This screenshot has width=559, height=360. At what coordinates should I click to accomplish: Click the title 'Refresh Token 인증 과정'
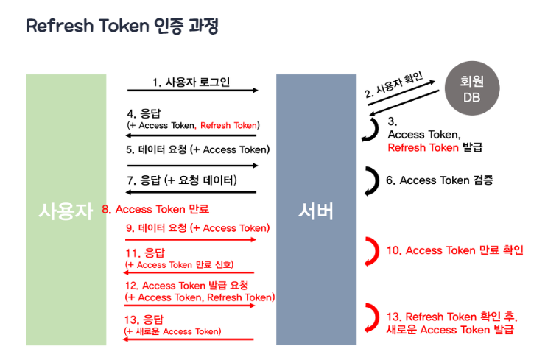[122, 27]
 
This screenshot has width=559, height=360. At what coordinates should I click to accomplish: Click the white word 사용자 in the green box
[66, 211]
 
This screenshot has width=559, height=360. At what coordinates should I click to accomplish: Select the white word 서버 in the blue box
[316, 211]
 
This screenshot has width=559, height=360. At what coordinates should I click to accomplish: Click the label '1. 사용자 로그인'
[191, 81]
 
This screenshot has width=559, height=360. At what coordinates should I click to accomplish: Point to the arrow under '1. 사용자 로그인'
[192, 91]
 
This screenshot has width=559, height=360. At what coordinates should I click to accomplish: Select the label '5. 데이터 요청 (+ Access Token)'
[198, 149]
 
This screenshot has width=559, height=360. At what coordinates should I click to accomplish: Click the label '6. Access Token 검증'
[439, 180]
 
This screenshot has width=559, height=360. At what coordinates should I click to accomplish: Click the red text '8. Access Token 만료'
[155, 209]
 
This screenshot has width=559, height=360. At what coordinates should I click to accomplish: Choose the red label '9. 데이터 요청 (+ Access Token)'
[198, 227]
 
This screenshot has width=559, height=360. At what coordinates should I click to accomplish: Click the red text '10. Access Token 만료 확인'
[454, 250]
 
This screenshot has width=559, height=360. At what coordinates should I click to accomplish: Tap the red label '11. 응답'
[140, 253]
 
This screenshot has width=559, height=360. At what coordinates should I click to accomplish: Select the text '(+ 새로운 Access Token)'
[173, 331]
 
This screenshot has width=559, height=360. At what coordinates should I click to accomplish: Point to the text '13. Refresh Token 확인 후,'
[451, 317]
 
